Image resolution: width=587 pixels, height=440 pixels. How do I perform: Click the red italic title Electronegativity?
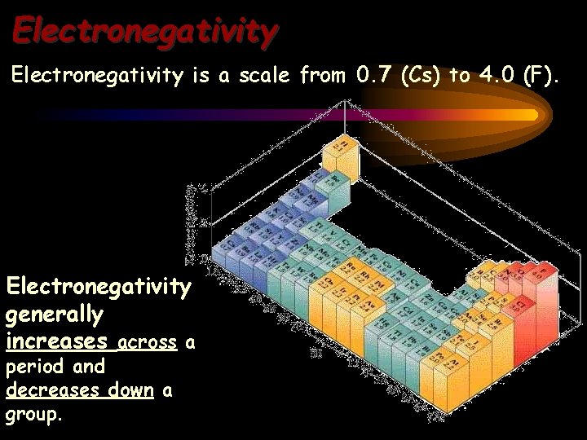pos(145,31)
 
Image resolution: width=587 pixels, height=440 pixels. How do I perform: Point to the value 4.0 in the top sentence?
pos(497,77)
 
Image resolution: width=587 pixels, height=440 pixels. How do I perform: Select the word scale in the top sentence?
pos(259,77)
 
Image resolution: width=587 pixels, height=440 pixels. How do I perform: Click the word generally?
pos(55,314)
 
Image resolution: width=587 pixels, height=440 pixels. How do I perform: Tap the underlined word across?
pos(148,343)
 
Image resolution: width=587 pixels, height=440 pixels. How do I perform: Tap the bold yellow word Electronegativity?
pos(99,287)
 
